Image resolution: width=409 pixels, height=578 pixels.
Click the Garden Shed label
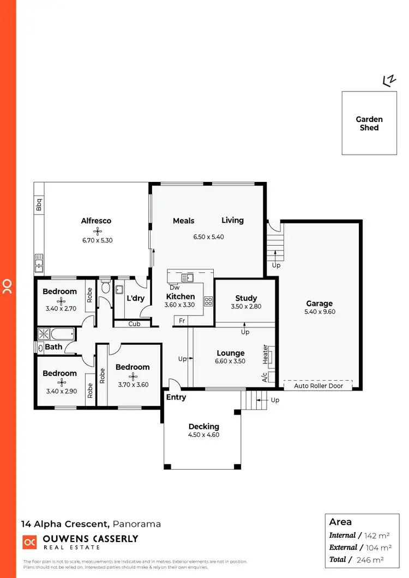(369, 123)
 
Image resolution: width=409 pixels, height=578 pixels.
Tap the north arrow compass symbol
(389, 81)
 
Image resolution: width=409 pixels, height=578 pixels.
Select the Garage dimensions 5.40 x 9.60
(319, 312)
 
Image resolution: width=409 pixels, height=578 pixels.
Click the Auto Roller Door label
(317, 386)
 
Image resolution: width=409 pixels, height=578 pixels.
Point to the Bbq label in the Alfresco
(39, 205)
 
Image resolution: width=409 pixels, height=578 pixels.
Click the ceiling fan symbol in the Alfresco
(97, 230)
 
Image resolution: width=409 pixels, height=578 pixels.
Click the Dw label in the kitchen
(174, 288)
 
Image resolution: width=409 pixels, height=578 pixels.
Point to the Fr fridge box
(182, 321)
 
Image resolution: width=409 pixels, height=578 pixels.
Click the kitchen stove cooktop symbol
(208, 301)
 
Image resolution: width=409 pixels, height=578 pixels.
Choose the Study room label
(246, 298)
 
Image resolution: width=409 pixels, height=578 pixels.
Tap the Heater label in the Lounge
(266, 354)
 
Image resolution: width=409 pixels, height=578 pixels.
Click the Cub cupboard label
(134, 324)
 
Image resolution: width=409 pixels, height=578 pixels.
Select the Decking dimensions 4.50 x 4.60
(204, 435)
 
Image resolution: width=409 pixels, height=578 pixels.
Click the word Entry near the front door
(176, 397)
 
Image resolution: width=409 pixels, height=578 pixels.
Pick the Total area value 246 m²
(370, 559)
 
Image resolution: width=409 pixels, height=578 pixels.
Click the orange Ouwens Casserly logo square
(29, 542)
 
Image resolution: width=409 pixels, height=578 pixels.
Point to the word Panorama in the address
(137, 524)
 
